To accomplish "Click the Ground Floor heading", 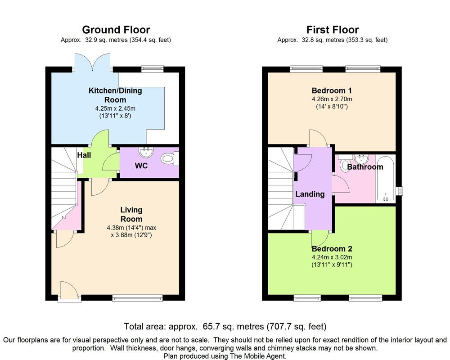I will tap(116, 30).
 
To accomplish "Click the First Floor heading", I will tap(332, 30).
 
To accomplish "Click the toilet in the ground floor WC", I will tap(168, 158).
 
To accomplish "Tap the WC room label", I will tap(141, 166).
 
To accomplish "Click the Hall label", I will tap(84, 155).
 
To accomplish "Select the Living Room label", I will tap(131, 214).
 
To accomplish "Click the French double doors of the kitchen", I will tap(93, 63).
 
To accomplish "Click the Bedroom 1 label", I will tap(332, 90).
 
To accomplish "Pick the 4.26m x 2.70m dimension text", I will tap(332, 99).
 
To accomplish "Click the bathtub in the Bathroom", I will tap(385, 179).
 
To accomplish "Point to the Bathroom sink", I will tap(361, 158).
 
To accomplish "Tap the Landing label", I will tap(310, 194).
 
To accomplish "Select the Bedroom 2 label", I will tap(332, 249).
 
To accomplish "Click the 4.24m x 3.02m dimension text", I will tap(332, 257).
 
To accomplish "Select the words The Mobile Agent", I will tap(260, 356).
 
